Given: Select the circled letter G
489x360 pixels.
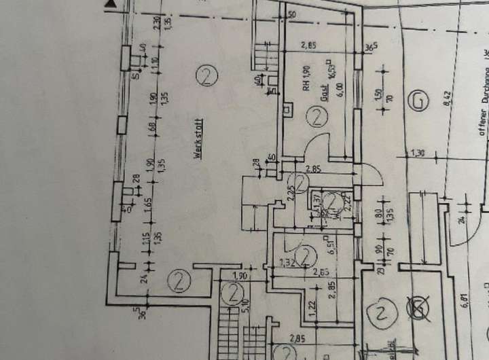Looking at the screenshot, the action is [419, 101].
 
